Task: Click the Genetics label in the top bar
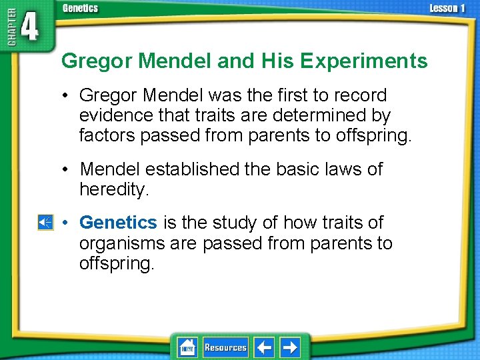coord(80,8)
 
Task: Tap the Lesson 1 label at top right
coord(447,8)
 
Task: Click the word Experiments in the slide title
coord(363,61)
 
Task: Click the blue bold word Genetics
coord(118,222)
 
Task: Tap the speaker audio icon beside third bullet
coord(45,223)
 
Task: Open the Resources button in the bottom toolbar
coord(225,347)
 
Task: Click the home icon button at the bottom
coord(187,347)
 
